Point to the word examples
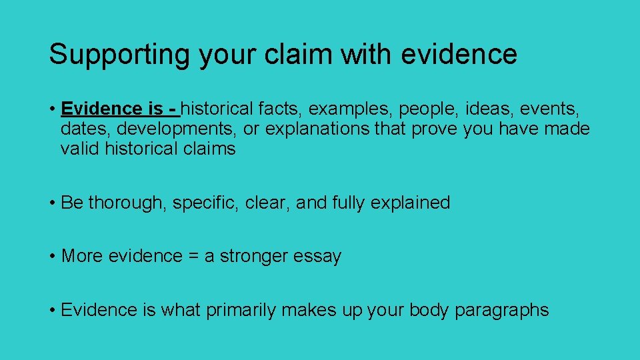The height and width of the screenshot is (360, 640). point(350,108)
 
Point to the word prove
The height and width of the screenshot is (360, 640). point(434,128)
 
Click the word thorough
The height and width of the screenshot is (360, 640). point(127,203)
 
